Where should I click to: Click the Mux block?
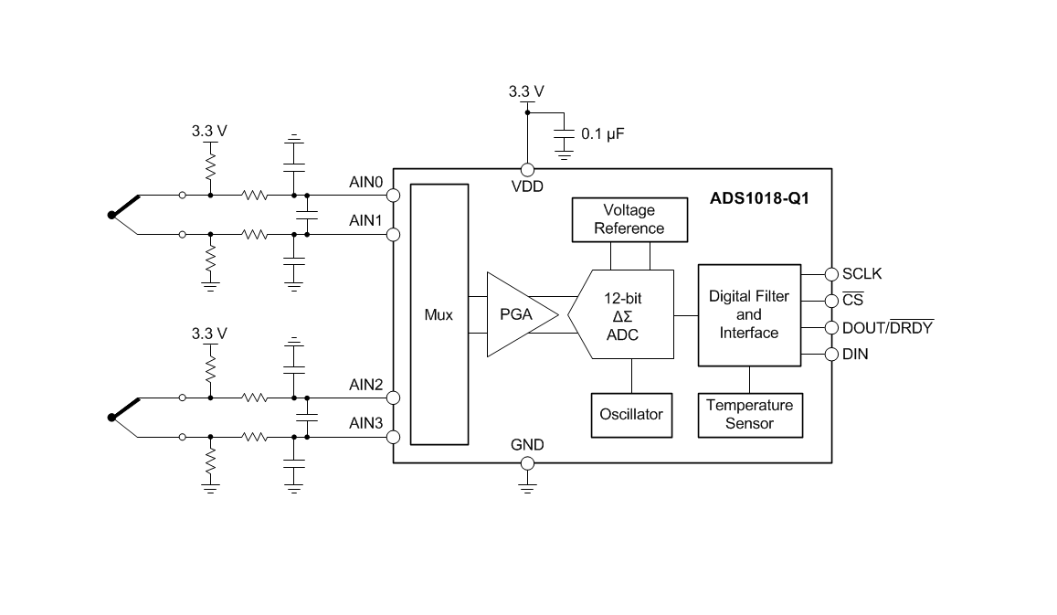coord(439,314)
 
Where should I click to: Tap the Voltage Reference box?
coord(629,219)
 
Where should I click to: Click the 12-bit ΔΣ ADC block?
coord(621,314)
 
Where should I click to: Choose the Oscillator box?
coord(631,415)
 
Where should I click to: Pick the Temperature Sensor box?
coord(750,415)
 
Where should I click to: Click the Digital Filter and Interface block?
coord(749,315)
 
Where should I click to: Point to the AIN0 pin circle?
coord(393,196)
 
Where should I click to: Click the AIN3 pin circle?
coord(393,438)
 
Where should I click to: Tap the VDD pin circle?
coord(527,169)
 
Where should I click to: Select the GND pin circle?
coord(527,463)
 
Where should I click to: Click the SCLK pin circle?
coord(831,274)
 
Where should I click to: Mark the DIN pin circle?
coord(831,354)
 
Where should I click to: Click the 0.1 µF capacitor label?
coord(603,133)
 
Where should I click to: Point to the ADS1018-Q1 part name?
coord(759,198)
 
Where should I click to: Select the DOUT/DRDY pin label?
coord(888,327)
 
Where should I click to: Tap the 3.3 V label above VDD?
coord(526,91)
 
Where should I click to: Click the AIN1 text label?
coord(365,220)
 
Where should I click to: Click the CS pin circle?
coord(831,301)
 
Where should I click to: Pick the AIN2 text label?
coord(365,385)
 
